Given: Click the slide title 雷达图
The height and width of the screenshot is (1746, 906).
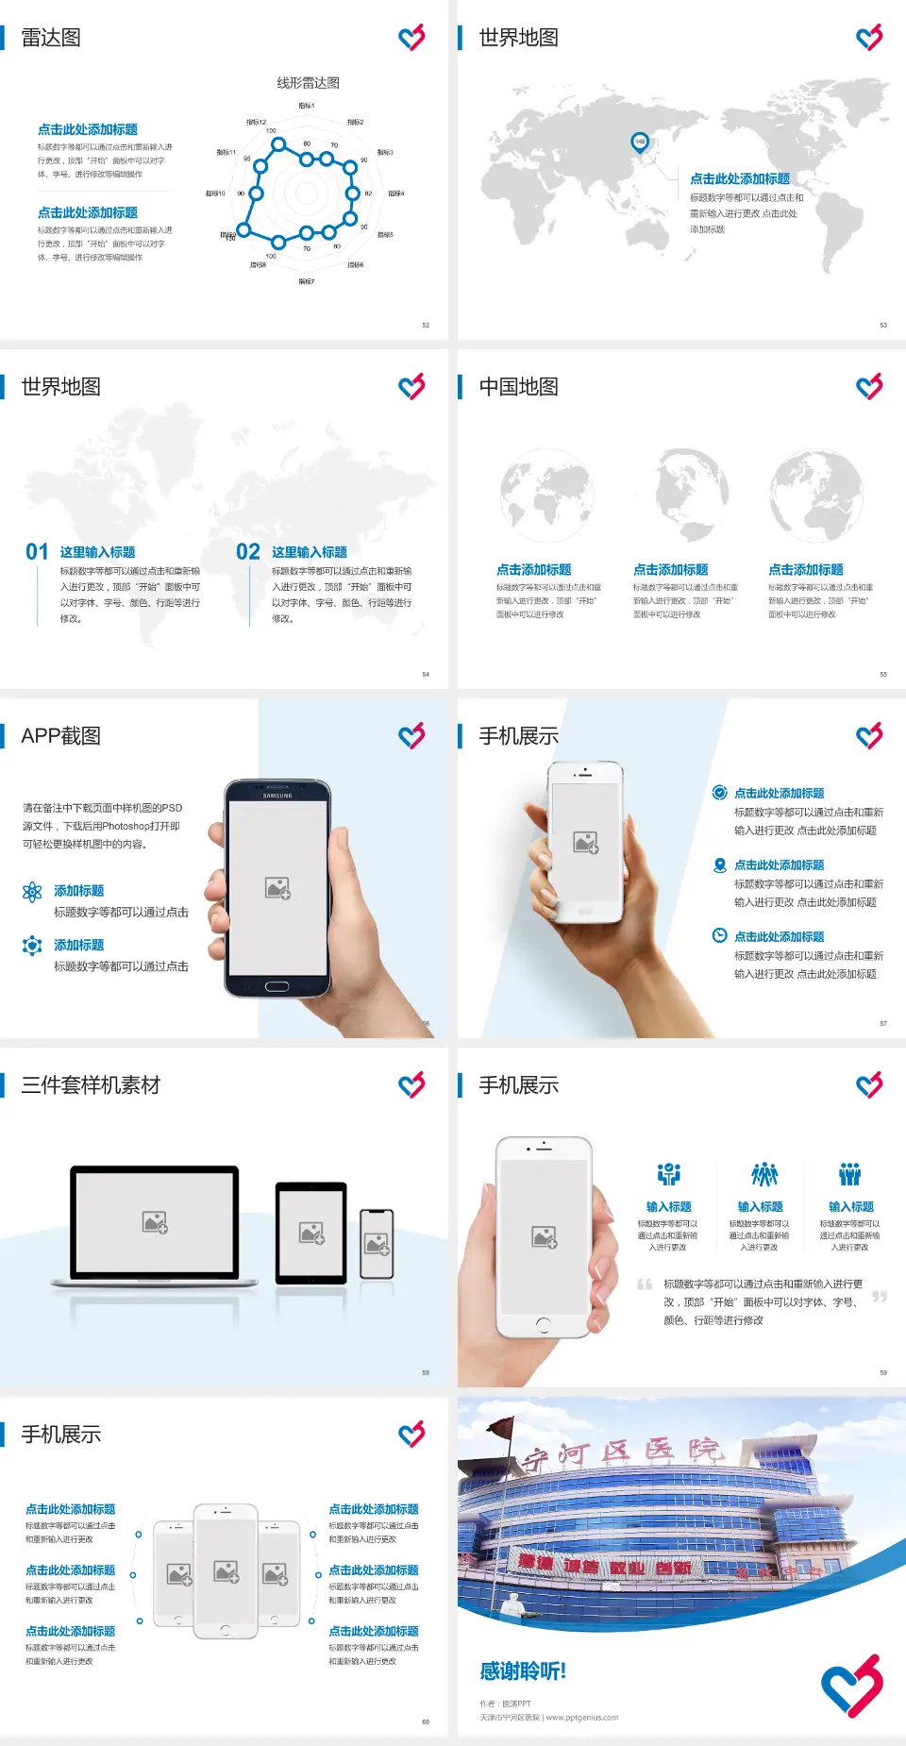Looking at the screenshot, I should point(51,38).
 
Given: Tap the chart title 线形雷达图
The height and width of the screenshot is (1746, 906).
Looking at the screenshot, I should point(308,83).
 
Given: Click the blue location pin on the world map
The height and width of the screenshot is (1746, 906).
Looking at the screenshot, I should point(640,142).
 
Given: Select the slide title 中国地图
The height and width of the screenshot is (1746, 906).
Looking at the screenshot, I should point(518,387).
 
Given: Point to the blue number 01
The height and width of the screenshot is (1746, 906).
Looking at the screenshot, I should point(37,552).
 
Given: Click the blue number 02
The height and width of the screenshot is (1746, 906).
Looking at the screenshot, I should point(248,552).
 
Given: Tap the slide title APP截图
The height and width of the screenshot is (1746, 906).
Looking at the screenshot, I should point(61,736).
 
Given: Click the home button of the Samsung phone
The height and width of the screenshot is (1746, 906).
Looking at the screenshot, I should point(277,986).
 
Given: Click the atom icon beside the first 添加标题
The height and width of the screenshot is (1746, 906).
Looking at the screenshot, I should point(32,892).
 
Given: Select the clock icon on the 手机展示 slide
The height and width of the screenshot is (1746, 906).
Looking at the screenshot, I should point(719,935).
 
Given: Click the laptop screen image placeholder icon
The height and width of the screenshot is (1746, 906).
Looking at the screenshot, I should point(155,1222).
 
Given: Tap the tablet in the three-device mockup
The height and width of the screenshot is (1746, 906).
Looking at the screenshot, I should point(311,1233).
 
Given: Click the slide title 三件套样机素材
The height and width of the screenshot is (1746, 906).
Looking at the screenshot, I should point(91,1085).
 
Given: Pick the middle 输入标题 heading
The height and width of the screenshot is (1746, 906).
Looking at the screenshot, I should point(760,1207).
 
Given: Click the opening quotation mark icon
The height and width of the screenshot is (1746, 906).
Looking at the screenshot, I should point(645,1284).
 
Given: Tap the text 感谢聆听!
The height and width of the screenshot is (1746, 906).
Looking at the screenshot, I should point(523,1671).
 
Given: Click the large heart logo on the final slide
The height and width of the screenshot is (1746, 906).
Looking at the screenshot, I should point(851,1686).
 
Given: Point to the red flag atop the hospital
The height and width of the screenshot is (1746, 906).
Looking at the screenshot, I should point(504,1426).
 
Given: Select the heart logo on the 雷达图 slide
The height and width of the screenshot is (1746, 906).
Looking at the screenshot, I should point(411,38).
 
